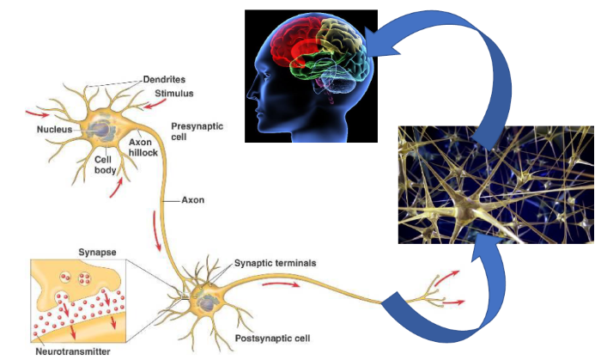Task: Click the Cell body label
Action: click(x=107, y=165)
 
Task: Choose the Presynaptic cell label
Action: click(x=197, y=131)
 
